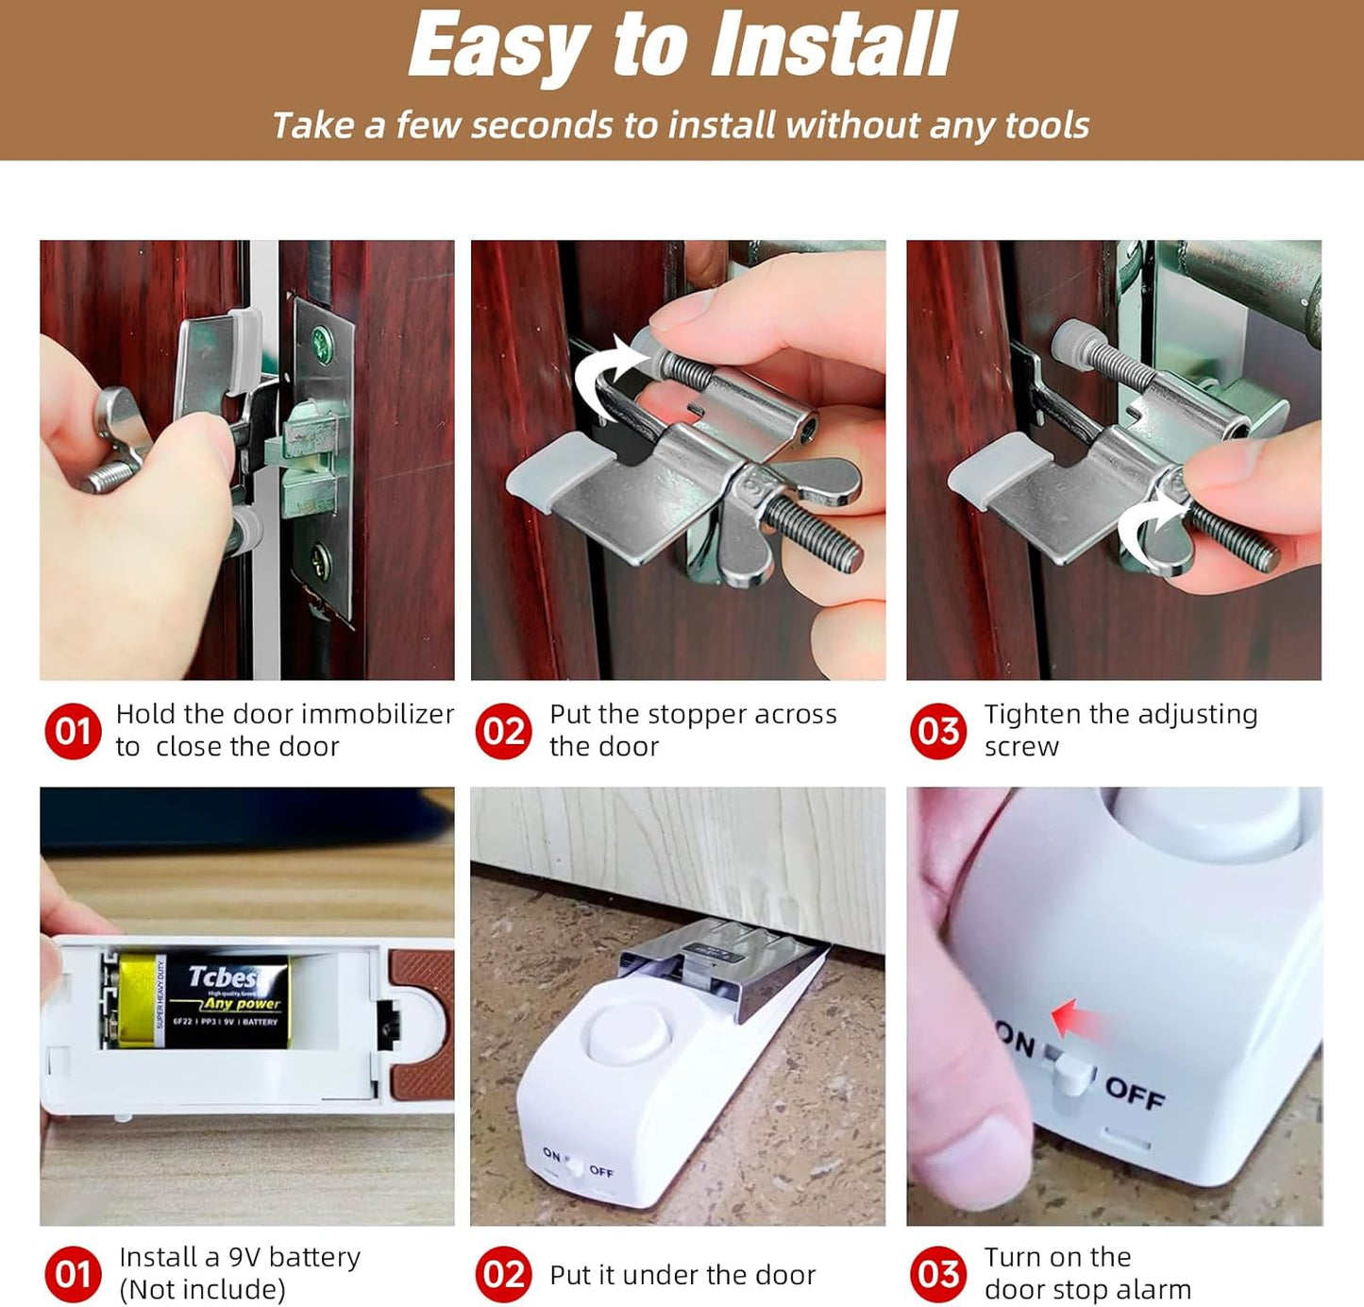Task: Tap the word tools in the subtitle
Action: click(x=1046, y=126)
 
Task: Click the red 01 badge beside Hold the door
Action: click(x=73, y=731)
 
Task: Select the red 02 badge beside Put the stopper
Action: click(x=503, y=731)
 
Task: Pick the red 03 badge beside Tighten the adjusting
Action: click(x=938, y=731)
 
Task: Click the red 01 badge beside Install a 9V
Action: click(x=73, y=1274)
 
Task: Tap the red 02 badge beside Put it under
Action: click(x=503, y=1274)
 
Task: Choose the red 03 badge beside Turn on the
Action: click(x=938, y=1274)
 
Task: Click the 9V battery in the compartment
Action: click(x=203, y=1001)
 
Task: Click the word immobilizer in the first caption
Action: click(x=378, y=714)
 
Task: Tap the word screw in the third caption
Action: click(x=1021, y=747)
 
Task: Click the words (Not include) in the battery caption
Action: click(x=202, y=1290)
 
